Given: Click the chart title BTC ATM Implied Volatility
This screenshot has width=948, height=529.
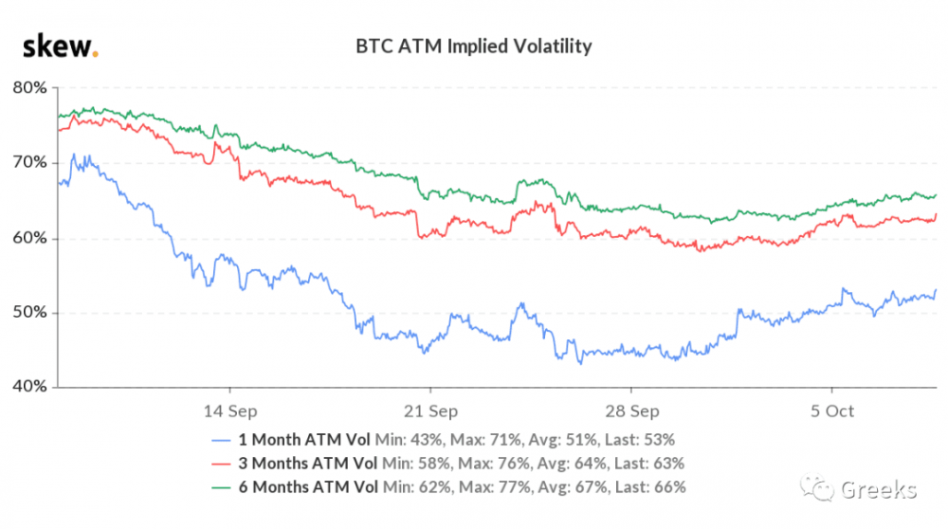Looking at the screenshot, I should tap(474, 45).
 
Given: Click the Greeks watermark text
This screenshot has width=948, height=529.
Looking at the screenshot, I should tap(878, 490).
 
